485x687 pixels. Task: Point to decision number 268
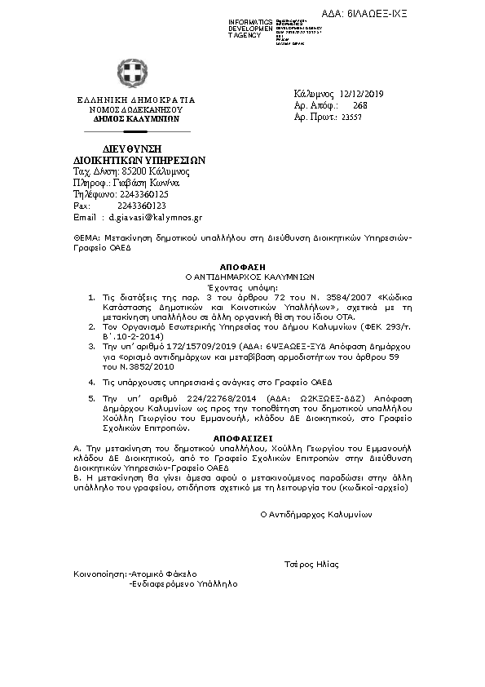point(360,106)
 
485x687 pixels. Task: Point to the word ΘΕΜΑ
point(86,237)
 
